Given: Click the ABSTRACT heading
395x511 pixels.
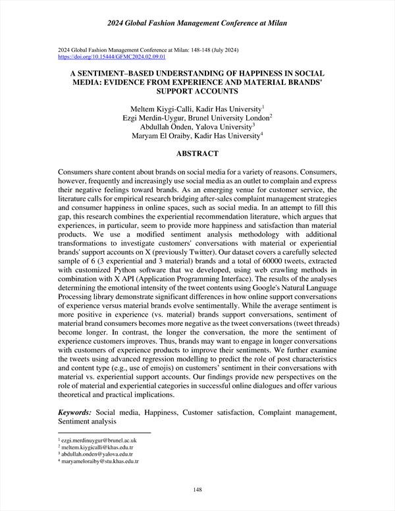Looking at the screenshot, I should [197, 153].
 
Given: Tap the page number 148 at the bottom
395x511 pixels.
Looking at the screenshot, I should [197, 489].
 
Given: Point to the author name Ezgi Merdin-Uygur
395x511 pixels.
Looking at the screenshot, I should [157, 117].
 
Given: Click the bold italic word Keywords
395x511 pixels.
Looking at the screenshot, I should [74, 412].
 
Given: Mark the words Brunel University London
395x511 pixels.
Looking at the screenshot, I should [227, 117].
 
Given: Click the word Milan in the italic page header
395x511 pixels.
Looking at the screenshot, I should [277, 24].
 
